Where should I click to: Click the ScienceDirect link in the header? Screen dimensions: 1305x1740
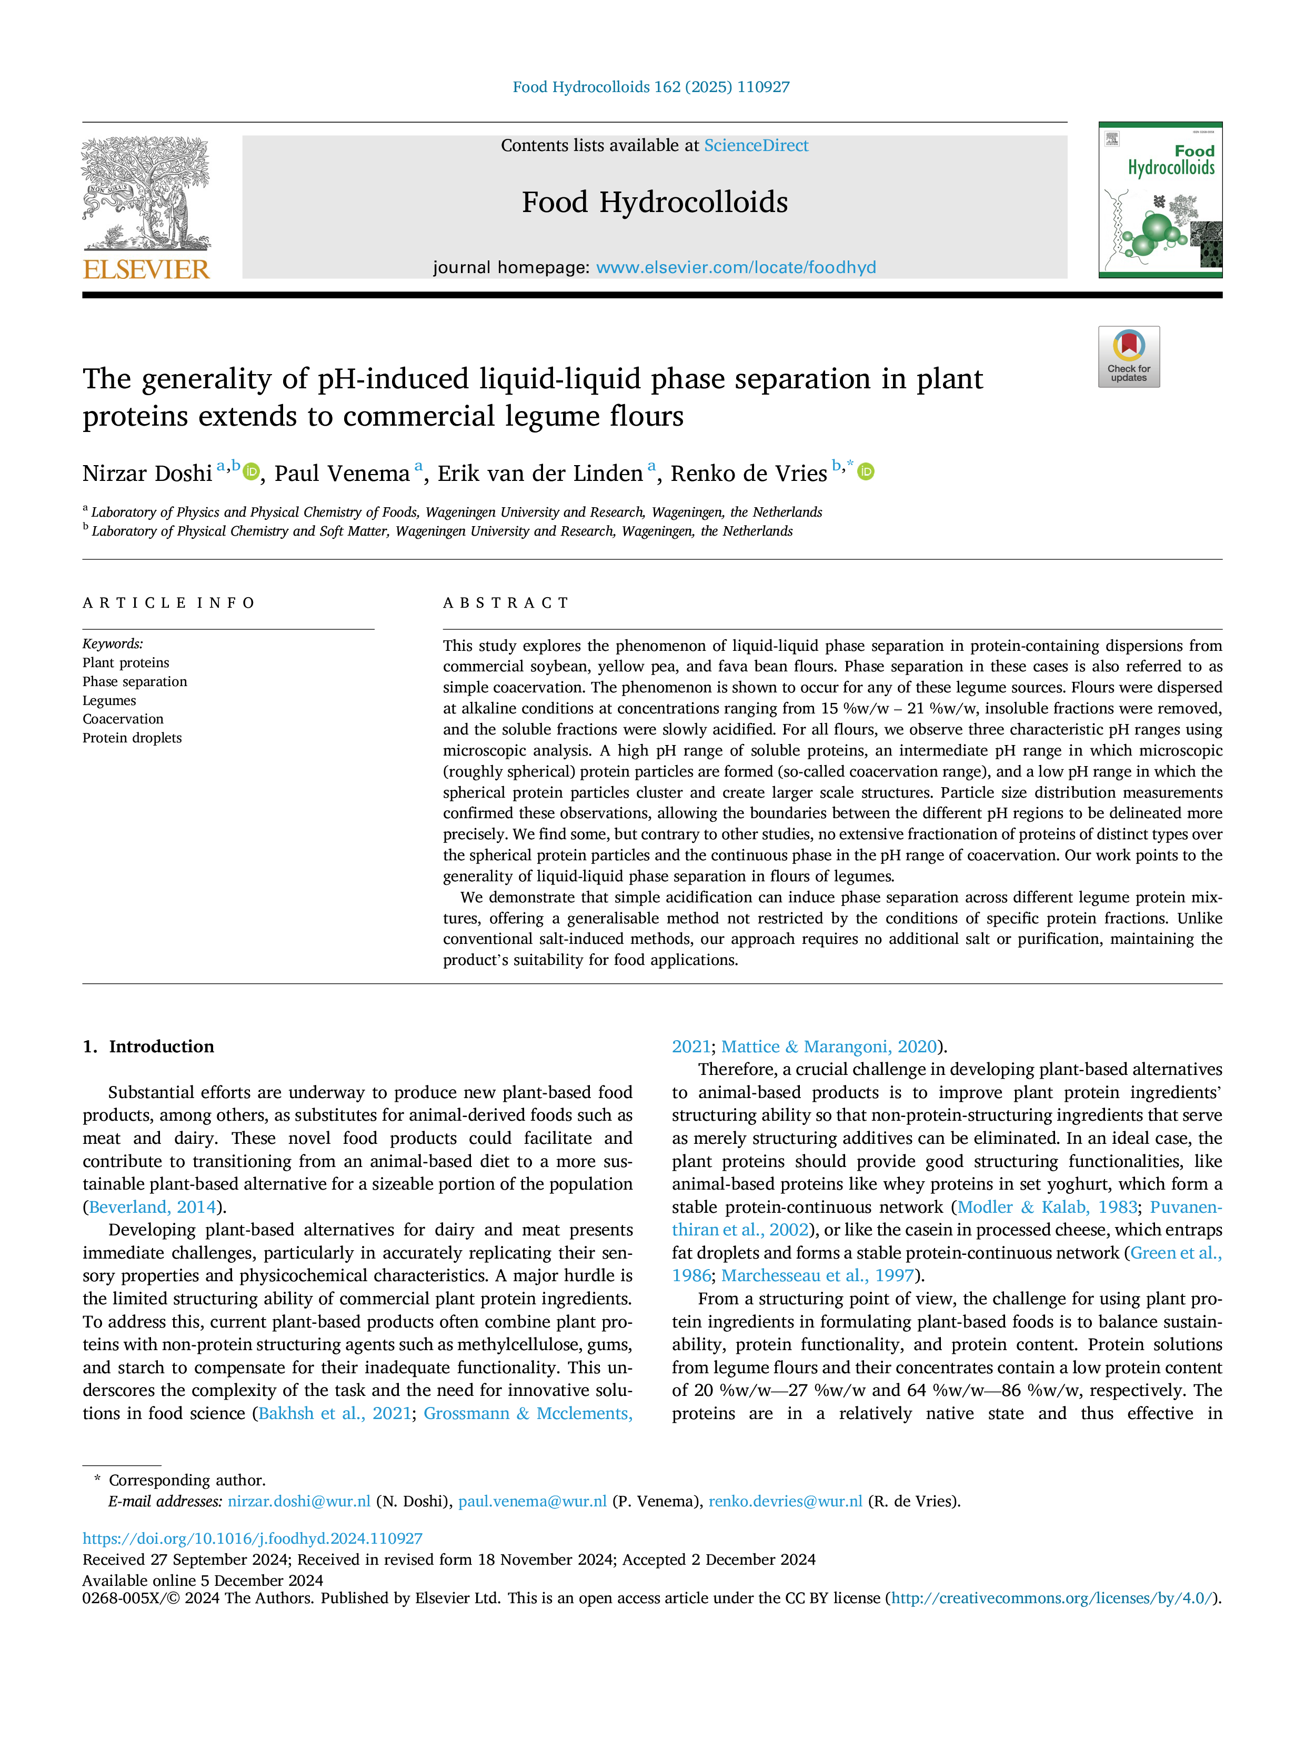(x=756, y=146)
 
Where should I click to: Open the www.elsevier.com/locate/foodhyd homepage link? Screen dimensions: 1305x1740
(x=736, y=267)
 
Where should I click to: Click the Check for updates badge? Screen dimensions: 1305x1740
(x=1129, y=356)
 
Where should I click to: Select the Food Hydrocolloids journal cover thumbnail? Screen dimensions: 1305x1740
(x=1160, y=200)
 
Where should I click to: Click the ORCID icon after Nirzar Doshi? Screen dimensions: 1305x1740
(x=251, y=471)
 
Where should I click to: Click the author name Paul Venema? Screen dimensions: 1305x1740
(x=342, y=474)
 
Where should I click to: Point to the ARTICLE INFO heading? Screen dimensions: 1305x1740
(x=169, y=604)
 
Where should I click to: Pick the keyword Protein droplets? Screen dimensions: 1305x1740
(x=132, y=738)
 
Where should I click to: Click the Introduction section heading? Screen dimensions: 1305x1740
(x=161, y=1046)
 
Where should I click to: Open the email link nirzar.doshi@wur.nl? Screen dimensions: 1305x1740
(x=299, y=1501)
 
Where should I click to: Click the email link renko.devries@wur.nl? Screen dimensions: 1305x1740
(x=786, y=1501)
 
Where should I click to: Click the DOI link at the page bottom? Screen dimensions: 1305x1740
(x=253, y=1538)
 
